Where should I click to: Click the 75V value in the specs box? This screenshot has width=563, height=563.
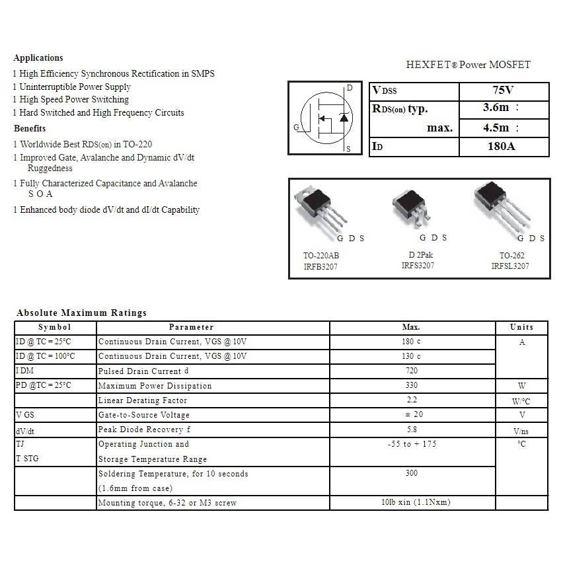[503, 91]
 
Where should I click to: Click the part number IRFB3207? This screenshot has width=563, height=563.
[320, 266]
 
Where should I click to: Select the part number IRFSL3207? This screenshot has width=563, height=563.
[509, 266]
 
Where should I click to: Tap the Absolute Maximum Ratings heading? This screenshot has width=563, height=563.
[81, 313]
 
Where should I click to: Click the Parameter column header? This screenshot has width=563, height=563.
[191, 327]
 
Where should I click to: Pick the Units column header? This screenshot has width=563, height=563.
[521, 327]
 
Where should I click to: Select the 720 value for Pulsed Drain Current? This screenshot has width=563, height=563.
[411, 371]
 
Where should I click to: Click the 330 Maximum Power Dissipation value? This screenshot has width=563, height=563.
[411, 385]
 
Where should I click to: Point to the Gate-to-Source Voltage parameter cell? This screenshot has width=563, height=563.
[144, 415]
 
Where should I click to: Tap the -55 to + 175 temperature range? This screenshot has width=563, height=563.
[412, 444]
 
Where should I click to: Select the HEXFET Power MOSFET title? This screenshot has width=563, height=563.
[468, 65]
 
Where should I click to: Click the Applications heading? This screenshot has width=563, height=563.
[38, 58]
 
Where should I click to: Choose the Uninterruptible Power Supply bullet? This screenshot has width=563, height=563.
[75, 87]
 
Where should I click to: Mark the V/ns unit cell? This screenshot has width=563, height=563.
[521, 431]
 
